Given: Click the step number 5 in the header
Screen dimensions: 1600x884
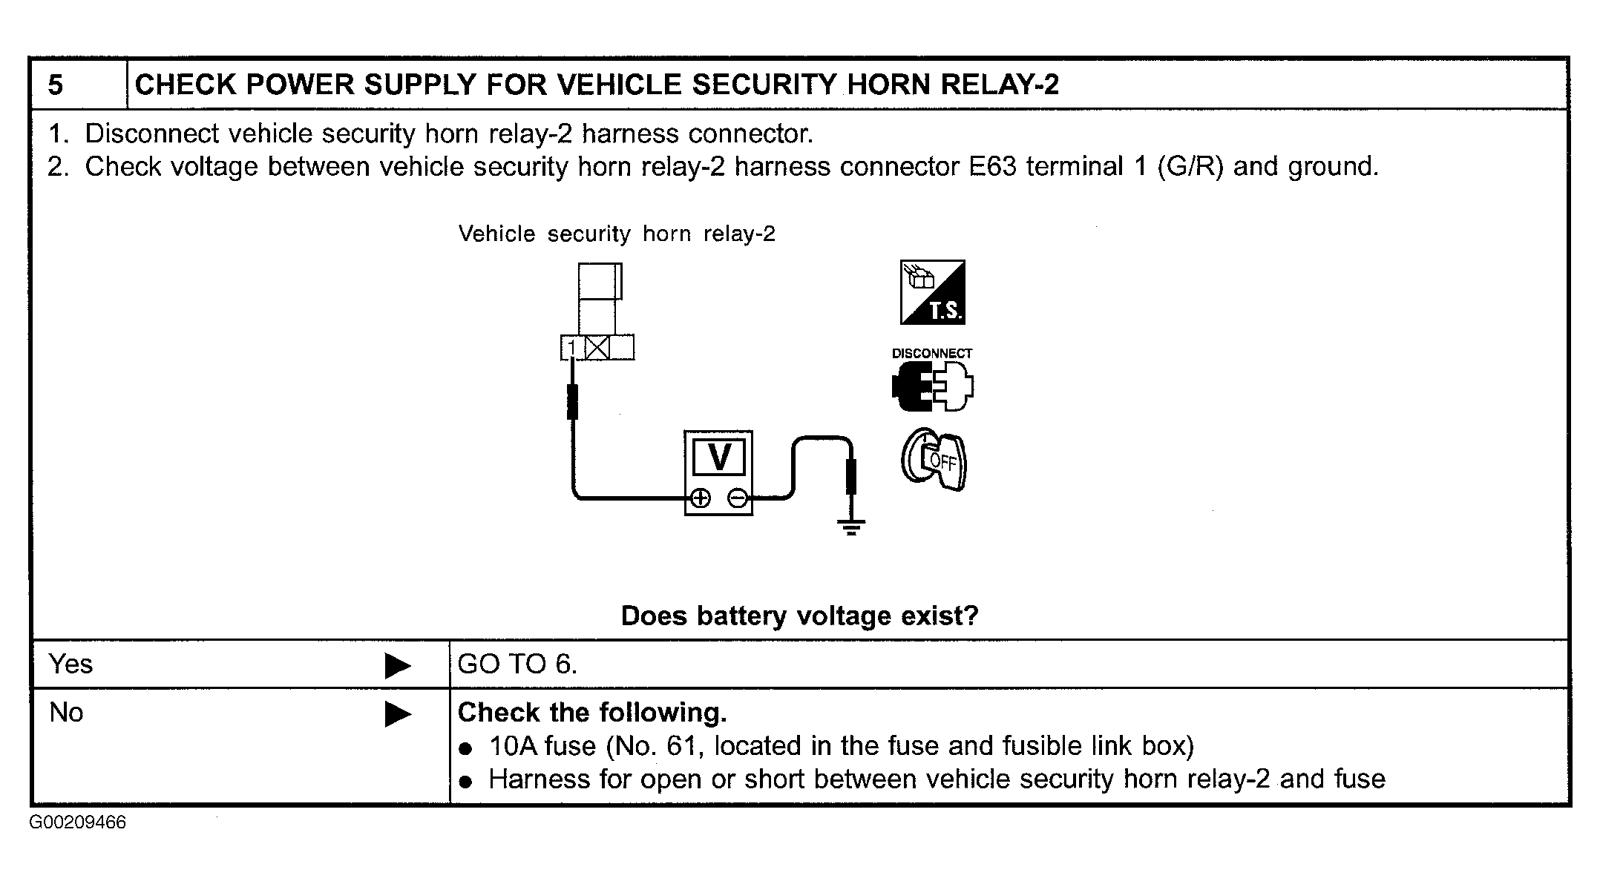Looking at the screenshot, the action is [56, 85].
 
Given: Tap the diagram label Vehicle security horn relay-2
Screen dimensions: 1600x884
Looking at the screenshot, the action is [617, 234].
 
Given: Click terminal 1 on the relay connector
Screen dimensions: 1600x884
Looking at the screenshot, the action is [571, 348].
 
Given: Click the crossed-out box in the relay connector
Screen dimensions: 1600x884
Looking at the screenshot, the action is [597, 348].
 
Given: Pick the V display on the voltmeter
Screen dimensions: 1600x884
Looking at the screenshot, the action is [719, 457].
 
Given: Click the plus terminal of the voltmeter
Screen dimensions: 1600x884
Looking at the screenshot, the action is [700, 498].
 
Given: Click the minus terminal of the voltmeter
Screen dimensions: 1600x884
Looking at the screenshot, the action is [738, 498].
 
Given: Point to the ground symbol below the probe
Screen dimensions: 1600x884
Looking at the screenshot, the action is [851, 527].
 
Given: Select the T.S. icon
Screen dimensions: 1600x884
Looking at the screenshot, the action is [933, 292].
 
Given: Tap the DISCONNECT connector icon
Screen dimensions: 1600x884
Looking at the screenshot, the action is [933, 379].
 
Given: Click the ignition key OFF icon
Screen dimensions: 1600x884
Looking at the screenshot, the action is [934, 459].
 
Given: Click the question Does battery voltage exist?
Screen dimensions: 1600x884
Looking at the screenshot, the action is [799, 616].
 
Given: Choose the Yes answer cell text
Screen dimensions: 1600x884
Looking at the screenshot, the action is [71, 664].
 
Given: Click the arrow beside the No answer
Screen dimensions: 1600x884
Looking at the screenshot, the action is [398, 714].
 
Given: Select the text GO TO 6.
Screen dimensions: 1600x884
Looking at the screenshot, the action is [517, 664].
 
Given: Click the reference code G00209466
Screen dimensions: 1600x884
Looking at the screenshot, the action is [78, 822].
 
